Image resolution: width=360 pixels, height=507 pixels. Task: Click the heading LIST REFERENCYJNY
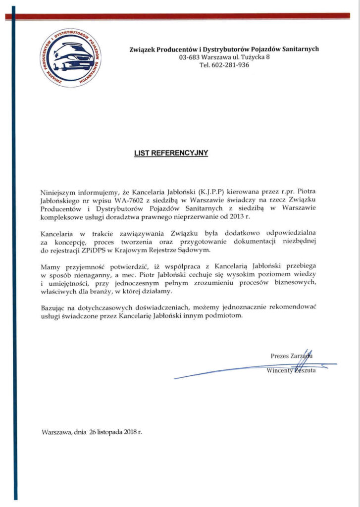[171, 153]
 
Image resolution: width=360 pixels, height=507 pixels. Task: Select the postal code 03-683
[187, 57]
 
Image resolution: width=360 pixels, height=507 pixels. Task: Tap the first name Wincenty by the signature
[280, 371]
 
